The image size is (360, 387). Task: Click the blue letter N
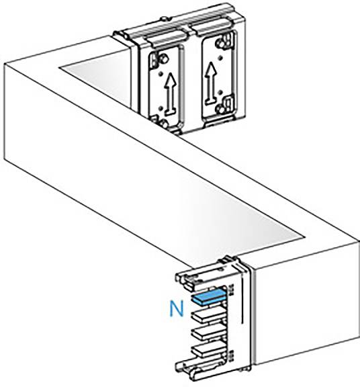177,308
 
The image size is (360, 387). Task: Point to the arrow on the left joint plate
171,94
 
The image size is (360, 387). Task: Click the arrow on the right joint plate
210,83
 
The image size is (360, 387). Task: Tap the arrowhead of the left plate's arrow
171,79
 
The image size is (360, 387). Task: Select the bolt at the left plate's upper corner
164,59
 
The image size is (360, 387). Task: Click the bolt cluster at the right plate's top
223,42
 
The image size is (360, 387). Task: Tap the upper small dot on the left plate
161,73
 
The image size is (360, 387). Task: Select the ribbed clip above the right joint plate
212,26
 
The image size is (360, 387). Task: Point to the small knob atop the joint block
163,19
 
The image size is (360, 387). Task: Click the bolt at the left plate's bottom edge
163,123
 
